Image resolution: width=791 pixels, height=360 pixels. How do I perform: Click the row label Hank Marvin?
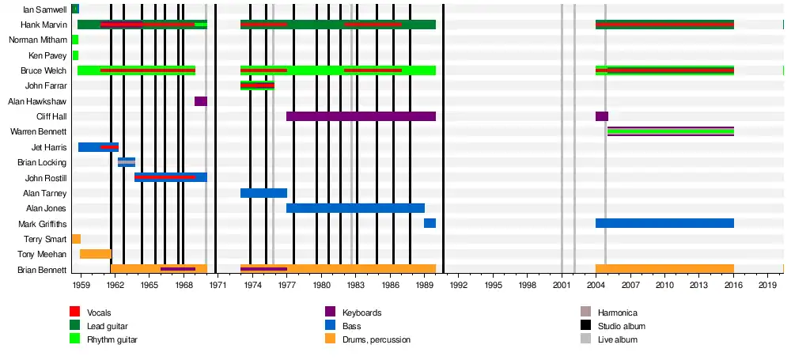[44, 25]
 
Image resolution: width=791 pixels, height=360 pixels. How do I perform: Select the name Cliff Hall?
[51, 116]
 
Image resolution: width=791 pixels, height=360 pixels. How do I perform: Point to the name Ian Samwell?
[45, 9]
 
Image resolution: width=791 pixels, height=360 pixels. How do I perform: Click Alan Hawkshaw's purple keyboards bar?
[201, 101]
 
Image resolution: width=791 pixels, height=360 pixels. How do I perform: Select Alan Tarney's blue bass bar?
[263, 193]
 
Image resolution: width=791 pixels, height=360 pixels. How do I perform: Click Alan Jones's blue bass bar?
[355, 208]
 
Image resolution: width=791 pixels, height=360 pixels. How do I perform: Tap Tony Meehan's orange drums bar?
[96, 254]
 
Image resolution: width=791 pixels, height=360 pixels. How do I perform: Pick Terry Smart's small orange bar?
[76, 239]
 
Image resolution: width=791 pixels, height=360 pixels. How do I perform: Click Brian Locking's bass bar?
[127, 162]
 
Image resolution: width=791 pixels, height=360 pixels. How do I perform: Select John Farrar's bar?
[257, 85]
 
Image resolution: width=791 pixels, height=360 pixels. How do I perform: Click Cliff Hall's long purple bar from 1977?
[361, 116]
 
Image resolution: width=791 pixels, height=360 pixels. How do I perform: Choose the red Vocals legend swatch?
[75, 312]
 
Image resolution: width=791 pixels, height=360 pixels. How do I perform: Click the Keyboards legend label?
[362, 313]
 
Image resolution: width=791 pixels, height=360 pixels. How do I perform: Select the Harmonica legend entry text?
[617, 313]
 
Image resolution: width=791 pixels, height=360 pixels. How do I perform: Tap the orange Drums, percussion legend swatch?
[331, 339]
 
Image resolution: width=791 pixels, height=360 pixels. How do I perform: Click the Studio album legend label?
[621, 326]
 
